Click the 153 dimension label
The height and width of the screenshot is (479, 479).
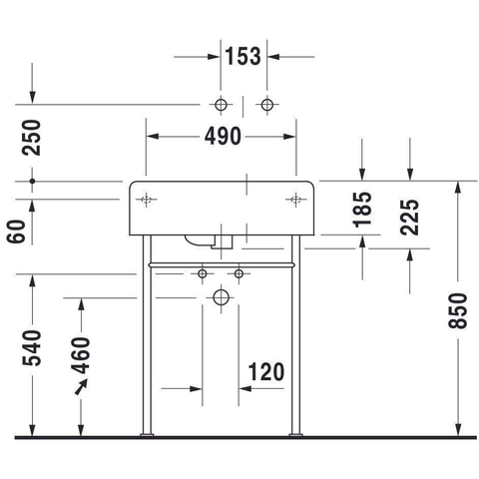(243, 56)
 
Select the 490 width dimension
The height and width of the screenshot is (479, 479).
(223, 137)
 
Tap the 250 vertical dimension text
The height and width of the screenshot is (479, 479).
(31, 138)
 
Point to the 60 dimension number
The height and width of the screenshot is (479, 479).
(16, 232)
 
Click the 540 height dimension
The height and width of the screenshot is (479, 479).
(32, 348)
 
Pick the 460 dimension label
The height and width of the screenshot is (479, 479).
(81, 355)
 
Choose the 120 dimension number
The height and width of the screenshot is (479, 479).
(266, 372)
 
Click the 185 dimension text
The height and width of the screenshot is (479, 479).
(362, 210)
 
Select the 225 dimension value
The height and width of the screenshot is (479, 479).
(410, 218)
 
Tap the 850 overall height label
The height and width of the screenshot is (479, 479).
(458, 311)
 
